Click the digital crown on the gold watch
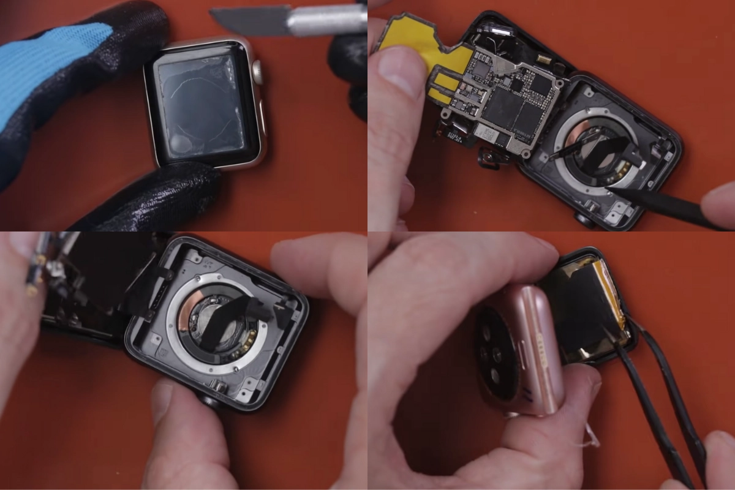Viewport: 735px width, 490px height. [258, 72]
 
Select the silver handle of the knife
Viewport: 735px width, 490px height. [325, 21]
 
